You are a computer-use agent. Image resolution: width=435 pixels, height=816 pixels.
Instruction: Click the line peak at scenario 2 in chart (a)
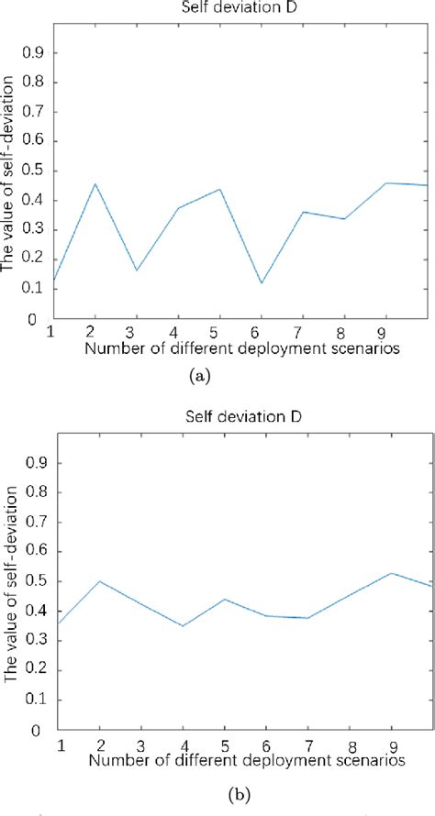coord(94,184)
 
